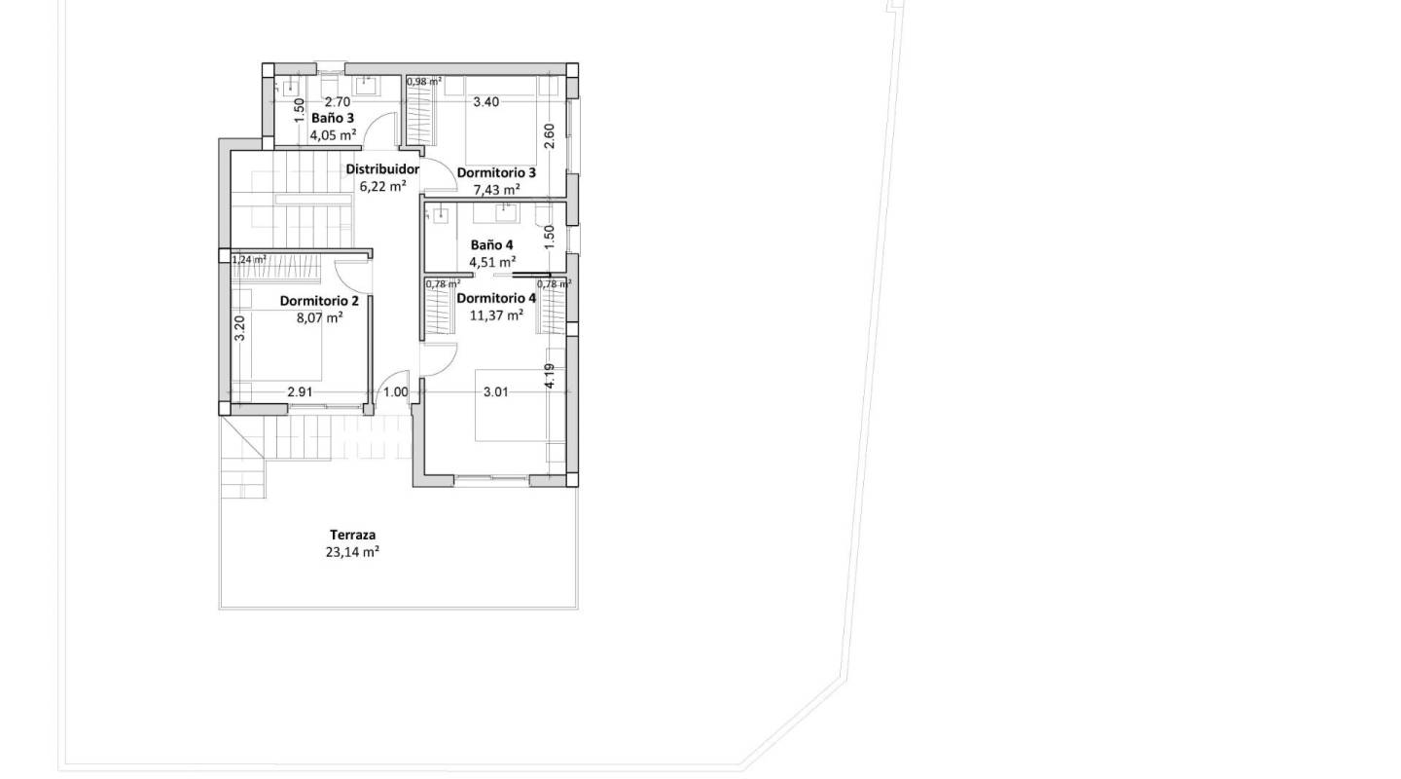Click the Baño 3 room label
tap(333, 118)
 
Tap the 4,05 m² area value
tap(333, 135)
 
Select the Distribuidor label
tap(382, 169)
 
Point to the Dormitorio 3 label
tap(496, 172)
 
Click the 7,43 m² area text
tap(496, 190)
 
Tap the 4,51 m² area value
tap(492, 262)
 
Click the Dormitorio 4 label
tap(496, 298)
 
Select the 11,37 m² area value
tap(496, 315)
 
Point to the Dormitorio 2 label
tap(319, 301)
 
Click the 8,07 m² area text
tap(319, 317)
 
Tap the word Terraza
tap(352, 535)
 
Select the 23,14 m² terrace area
tap(352, 551)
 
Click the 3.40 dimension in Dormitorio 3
tap(485, 101)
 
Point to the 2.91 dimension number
tap(300, 392)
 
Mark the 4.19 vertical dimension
tap(550, 377)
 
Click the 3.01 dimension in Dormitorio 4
tap(496, 392)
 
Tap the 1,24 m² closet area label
tap(248, 260)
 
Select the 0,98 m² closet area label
tap(424, 82)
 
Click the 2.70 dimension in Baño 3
tap(337, 101)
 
